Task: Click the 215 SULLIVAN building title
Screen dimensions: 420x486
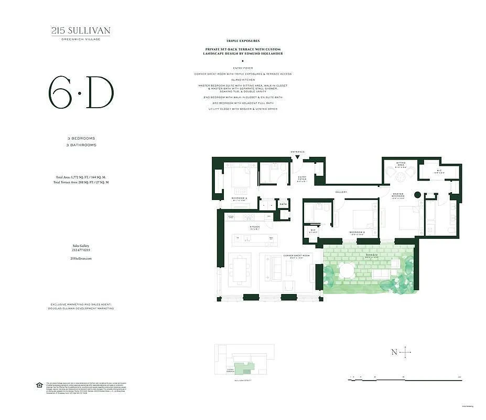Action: tap(81, 30)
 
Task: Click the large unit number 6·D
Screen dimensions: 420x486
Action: tap(81, 93)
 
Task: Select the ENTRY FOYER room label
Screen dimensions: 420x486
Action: tap(302, 178)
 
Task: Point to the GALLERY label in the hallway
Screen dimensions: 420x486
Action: tap(341, 192)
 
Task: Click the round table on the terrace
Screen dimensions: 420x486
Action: tap(347, 271)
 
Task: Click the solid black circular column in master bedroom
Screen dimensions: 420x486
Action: tap(418, 195)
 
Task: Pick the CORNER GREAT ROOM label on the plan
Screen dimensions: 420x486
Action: tap(296, 256)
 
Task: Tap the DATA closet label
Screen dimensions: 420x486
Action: tap(283, 204)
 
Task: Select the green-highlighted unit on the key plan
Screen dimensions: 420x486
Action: tap(242, 369)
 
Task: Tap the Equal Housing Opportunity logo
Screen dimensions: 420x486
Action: tap(39, 385)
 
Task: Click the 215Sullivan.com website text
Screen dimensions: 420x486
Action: tap(81, 259)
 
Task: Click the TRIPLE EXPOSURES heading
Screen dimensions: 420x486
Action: tap(243, 40)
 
